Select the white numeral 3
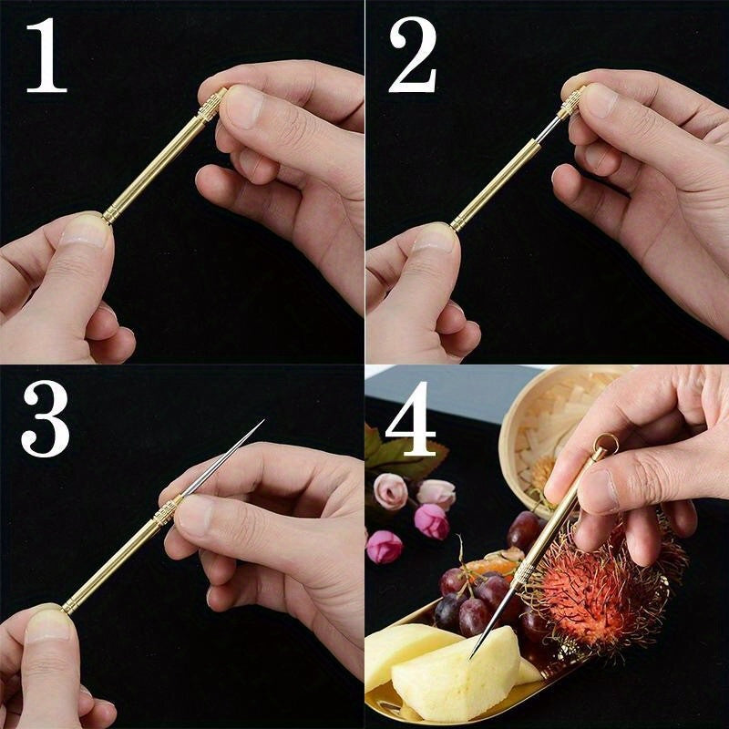[x=46, y=419]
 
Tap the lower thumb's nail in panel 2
[x=436, y=238]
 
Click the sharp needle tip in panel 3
[x=262, y=422]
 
